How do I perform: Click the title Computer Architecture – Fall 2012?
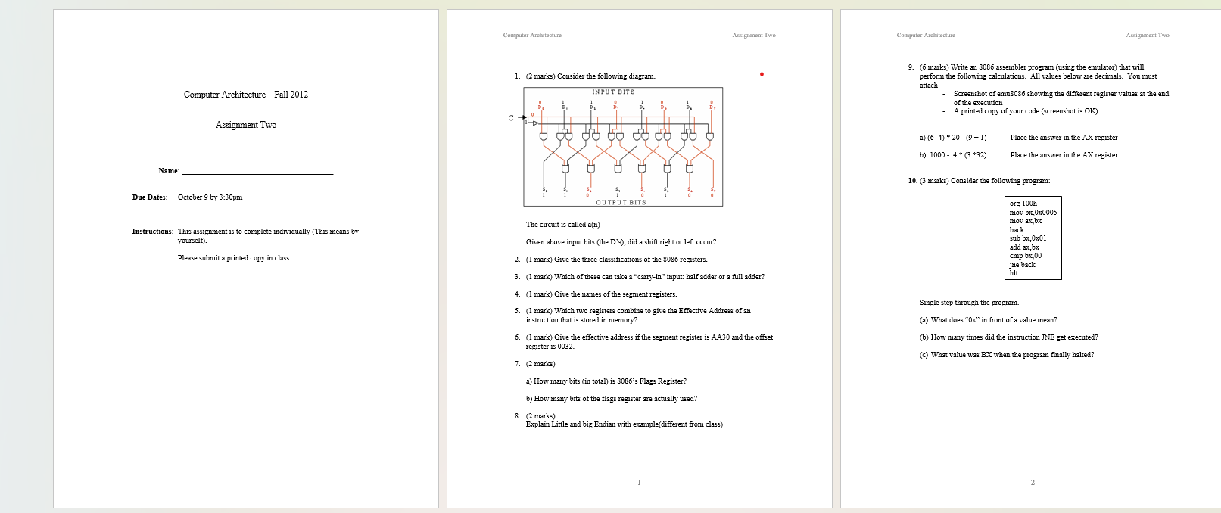(x=246, y=95)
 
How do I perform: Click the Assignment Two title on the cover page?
(x=246, y=125)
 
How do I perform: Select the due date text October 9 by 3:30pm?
(x=210, y=197)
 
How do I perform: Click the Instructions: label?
(x=152, y=232)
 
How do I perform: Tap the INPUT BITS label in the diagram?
(x=613, y=92)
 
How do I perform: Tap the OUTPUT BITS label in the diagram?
(x=621, y=202)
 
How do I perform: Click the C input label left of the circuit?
(x=511, y=117)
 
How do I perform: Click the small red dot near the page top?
(x=762, y=74)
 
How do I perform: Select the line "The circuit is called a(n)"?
(x=562, y=225)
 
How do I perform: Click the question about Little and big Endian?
(x=624, y=424)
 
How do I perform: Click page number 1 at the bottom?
(x=639, y=483)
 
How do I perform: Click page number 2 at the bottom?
(x=1033, y=483)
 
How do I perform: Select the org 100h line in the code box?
(x=1023, y=204)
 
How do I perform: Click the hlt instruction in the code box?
(x=1014, y=273)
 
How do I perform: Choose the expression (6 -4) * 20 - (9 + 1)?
(x=953, y=138)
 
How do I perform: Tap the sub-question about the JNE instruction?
(x=1008, y=337)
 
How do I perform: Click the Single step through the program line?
(x=969, y=303)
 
